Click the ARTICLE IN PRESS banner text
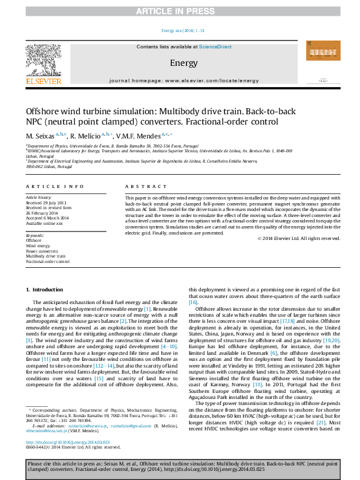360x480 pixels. coord(180,11)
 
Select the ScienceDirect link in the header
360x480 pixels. coord(215,47)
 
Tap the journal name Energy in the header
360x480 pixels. coord(180,63)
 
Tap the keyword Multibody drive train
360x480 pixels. coord(45,256)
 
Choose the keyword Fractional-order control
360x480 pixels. coord(48,262)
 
